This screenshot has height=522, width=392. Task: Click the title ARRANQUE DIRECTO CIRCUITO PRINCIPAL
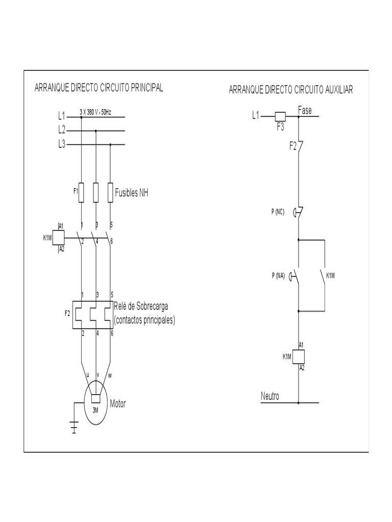[x=99, y=88]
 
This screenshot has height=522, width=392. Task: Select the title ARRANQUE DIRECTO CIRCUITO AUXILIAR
[x=291, y=90]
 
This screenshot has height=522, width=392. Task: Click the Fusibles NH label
[x=132, y=193]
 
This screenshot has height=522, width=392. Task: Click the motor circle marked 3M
[x=95, y=405]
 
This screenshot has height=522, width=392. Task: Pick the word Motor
[x=118, y=404]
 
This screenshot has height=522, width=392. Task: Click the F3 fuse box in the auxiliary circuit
[x=281, y=116]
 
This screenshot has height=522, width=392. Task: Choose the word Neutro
[x=270, y=396]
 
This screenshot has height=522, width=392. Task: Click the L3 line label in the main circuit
[x=62, y=144]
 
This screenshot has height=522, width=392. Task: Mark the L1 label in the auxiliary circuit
[x=256, y=116]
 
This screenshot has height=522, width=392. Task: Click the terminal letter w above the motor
[x=109, y=376]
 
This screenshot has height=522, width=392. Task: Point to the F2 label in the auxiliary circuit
[x=292, y=146]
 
